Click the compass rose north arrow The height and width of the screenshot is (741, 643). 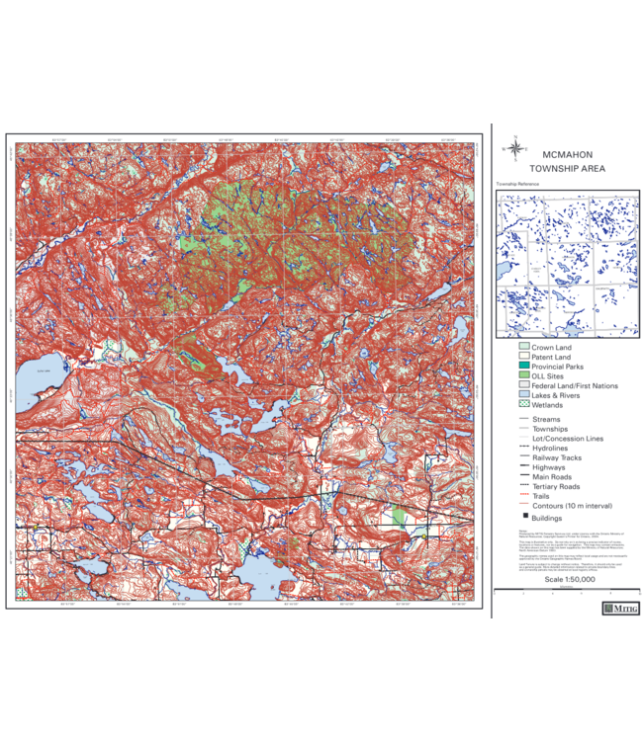[514, 148]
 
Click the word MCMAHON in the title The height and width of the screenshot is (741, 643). [567, 155]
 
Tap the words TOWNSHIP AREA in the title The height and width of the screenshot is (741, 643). [567, 169]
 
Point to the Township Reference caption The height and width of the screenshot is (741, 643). [520, 184]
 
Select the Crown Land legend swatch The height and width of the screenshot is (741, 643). [523, 348]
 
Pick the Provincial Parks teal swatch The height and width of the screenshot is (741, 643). [523, 367]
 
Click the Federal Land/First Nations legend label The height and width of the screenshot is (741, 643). [575, 385]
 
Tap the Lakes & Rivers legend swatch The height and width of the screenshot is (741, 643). [523, 395]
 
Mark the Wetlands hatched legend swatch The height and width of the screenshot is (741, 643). [523, 405]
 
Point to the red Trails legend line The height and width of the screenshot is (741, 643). [523, 496]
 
